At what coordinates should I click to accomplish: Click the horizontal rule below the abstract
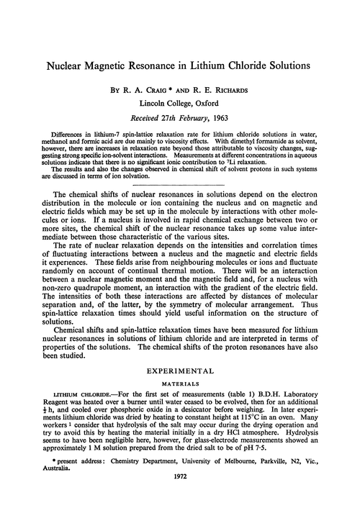tap(180, 183)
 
